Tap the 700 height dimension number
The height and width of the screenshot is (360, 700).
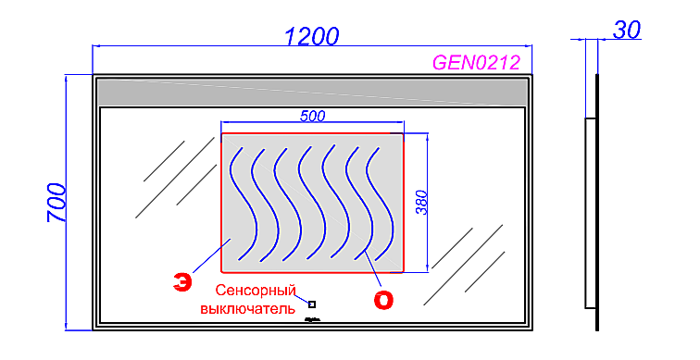tap(56, 203)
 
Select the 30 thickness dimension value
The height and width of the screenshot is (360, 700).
tap(628, 30)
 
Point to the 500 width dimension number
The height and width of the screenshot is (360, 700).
tap(312, 116)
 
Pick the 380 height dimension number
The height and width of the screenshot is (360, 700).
tap(422, 203)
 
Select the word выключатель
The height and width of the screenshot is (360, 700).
tap(247, 306)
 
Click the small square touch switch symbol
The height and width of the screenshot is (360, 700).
tap(312, 304)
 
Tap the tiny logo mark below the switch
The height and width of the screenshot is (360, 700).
tap(312, 318)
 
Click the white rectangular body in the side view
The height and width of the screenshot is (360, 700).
tap(590, 213)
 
